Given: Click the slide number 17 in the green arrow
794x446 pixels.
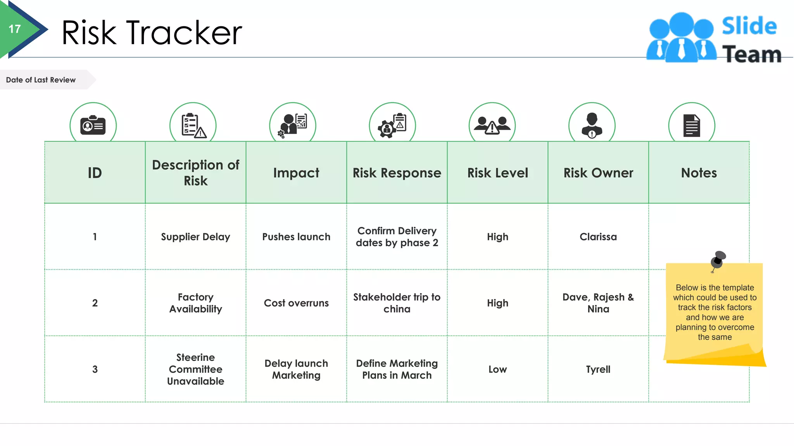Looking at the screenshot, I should click(x=15, y=29).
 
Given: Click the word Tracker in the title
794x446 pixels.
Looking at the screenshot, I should click(x=184, y=33).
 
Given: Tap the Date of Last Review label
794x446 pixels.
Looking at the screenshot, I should click(x=41, y=80).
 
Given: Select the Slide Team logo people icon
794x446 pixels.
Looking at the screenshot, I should click(x=681, y=38).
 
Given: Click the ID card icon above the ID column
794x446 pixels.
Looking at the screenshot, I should click(x=93, y=125).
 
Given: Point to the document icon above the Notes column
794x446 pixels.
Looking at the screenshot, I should click(x=692, y=125).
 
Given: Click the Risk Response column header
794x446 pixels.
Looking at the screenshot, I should click(x=397, y=173).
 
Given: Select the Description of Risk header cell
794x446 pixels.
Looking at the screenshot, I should click(x=195, y=173).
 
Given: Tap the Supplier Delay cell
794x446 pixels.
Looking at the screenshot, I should click(x=195, y=237).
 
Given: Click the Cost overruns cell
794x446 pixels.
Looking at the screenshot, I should click(x=296, y=303).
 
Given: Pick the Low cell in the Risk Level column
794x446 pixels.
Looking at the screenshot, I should click(x=497, y=369).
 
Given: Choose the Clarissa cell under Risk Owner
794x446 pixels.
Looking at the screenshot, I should click(x=598, y=237).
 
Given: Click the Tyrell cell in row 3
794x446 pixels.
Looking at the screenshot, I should click(x=598, y=369).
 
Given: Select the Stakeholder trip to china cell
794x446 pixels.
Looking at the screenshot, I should click(x=397, y=303).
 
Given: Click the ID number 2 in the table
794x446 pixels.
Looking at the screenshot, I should click(x=95, y=303).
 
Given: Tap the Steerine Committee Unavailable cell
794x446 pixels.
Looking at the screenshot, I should click(x=195, y=369).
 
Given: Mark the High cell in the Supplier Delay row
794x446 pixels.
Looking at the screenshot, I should click(x=497, y=237).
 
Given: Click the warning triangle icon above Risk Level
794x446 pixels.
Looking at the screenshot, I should click(x=492, y=127).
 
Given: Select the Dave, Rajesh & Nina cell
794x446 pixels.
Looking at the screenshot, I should click(x=598, y=303).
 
